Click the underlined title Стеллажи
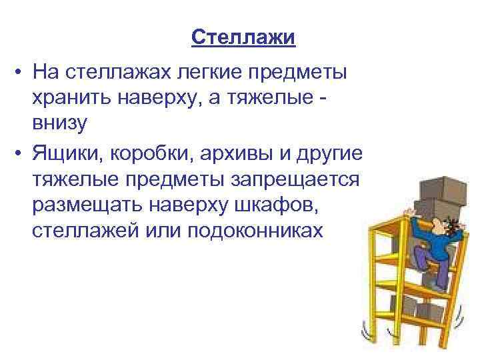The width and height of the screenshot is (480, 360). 243,37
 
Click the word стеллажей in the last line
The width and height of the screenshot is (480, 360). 91,231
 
